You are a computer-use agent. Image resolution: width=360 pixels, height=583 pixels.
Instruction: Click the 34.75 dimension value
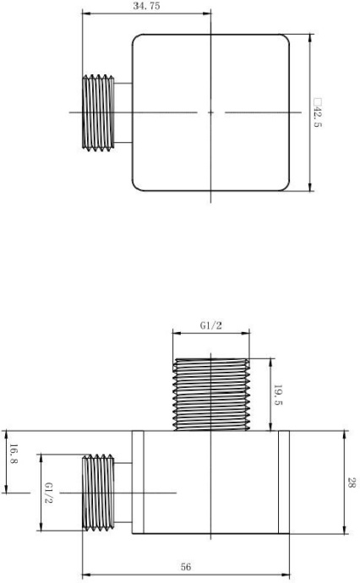point(146,6)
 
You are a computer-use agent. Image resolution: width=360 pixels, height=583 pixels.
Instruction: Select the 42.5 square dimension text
point(317,112)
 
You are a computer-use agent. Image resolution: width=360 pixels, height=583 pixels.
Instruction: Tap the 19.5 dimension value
point(278,395)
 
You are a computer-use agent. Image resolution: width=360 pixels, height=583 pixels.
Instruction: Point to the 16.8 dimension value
point(14,454)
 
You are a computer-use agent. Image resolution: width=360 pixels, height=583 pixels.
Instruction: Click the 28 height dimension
point(352,482)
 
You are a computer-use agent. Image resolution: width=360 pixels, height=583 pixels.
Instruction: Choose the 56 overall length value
point(186,567)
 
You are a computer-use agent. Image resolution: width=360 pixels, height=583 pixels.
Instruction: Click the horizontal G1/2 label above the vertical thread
point(211,325)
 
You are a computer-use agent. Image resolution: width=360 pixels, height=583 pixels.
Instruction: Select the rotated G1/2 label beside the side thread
point(48,493)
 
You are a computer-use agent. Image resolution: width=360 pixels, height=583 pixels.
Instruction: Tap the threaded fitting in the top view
point(98,112)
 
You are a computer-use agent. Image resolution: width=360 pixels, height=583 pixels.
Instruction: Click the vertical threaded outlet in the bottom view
point(211,395)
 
